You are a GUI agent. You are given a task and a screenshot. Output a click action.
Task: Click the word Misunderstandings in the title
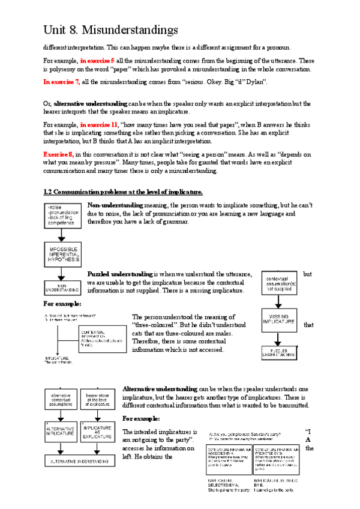tap(129, 29)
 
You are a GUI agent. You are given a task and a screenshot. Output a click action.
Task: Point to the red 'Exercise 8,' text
tap(58, 154)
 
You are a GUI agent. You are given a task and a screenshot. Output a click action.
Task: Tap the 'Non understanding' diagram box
tap(61, 288)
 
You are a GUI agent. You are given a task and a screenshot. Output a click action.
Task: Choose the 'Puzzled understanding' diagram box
tap(280, 353)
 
